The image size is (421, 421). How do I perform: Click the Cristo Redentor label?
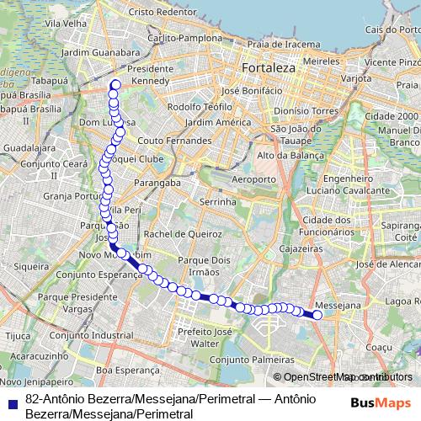tap(161, 13)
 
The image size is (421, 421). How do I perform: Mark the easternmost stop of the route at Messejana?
tap(317, 316)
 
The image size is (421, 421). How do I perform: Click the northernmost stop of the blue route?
tap(114, 83)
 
